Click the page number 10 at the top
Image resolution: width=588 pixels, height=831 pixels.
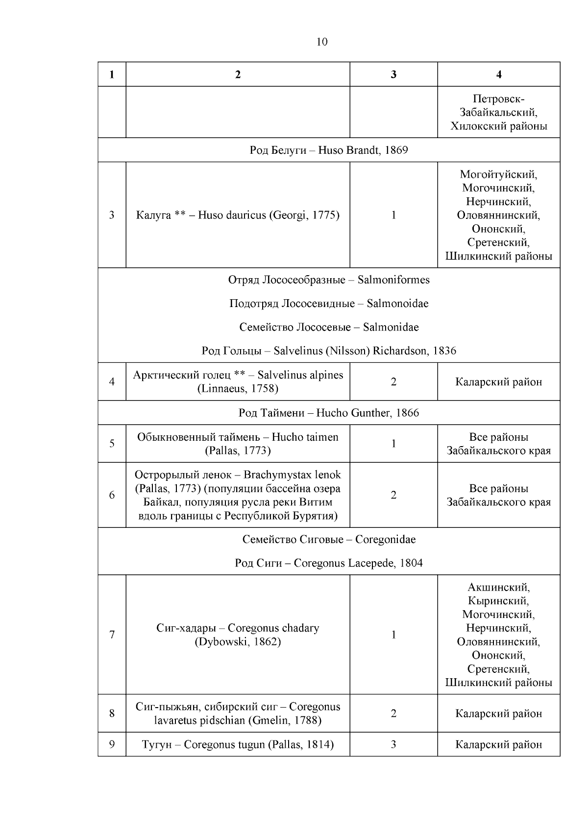322,42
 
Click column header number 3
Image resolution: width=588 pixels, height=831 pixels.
393,74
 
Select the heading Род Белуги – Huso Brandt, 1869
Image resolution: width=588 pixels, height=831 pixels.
329,150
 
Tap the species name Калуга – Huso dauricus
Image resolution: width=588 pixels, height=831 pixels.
238,215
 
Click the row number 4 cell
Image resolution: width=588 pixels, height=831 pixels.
112,382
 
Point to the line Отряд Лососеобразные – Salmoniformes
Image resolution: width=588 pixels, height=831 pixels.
329,280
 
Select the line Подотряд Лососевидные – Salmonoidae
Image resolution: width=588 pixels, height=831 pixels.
329,304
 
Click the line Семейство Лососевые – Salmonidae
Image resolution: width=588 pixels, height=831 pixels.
329,327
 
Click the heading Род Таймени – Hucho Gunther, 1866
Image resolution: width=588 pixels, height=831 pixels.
329,413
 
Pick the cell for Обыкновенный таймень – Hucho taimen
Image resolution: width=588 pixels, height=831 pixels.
238,444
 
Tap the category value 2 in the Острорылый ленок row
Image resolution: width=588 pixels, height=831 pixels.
393,495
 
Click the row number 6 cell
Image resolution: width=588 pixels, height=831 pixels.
112,495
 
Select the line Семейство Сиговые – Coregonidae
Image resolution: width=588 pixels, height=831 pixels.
329,540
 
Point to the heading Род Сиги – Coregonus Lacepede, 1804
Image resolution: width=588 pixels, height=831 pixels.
329,563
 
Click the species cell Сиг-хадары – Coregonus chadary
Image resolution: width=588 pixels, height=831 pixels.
238,635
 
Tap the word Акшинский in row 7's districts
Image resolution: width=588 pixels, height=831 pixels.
498,587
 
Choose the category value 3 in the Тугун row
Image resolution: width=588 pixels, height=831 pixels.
393,745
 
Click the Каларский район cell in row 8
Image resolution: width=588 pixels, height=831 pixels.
498,713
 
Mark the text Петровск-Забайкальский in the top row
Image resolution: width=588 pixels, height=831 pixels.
498,106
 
